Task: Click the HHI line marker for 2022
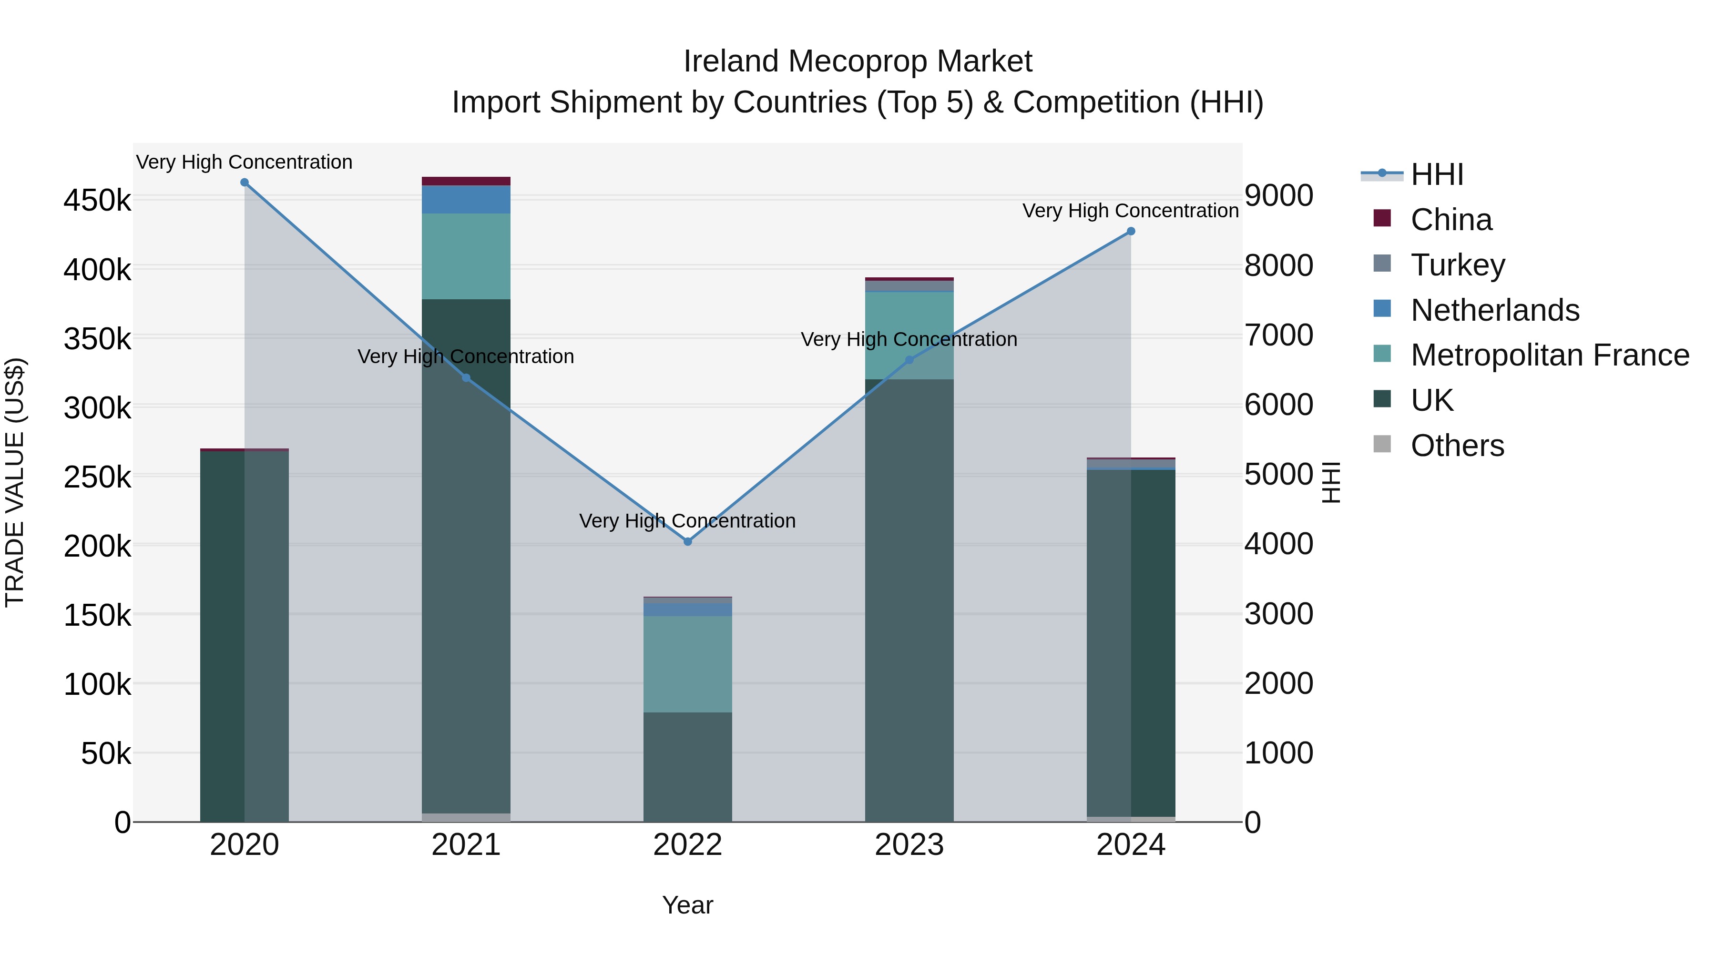coord(687,541)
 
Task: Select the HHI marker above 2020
coord(245,183)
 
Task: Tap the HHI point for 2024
coord(1131,232)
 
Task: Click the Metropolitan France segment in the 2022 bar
coord(687,663)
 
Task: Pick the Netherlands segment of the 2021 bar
coord(466,199)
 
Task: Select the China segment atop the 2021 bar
coord(466,181)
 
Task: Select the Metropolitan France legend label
coord(1550,355)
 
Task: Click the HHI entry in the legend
coord(1437,174)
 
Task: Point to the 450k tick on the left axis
coord(97,200)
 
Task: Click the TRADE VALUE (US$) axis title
coord(15,482)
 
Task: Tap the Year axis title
coord(687,905)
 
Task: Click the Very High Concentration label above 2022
coord(687,521)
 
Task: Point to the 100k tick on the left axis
coord(97,684)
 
